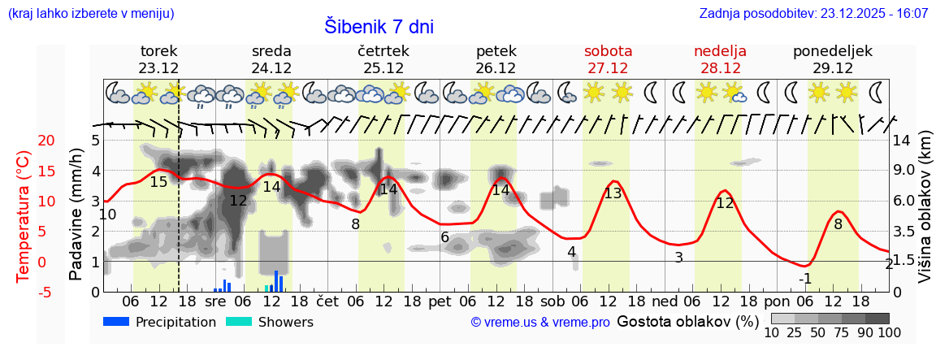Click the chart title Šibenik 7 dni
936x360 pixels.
pyautogui.click(x=379, y=26)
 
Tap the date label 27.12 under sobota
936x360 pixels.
pyautogui.click(x=608, y=68)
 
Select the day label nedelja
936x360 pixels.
pyautogui.click(x=720, y=51)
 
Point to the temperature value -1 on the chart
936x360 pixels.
pyautogui.click(x=805, y=279)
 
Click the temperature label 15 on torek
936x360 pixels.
pyautogui.click(x=158, y=182)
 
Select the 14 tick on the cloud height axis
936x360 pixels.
pyautogui.click(x=902, y=141)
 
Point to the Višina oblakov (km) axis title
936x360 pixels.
pyautogui.click(x=925, y=216)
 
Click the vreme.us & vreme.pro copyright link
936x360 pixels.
pyautogui.click(x=540, y=322)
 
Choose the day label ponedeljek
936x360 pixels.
pyautogui.click(x=833, y=51)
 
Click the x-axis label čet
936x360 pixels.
pyautogui.click(x=327, y=301)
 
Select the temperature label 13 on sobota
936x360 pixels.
pyautogui.click(x=613, y=193)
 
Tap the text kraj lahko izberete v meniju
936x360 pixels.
pyautogui.click(x=90, y=14)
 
